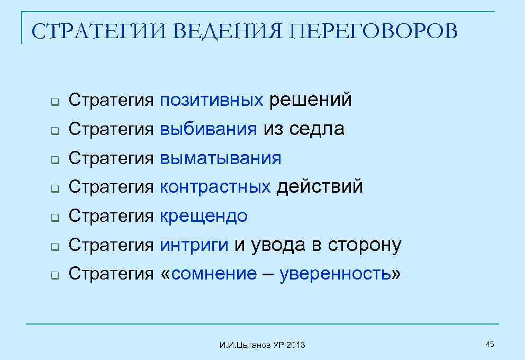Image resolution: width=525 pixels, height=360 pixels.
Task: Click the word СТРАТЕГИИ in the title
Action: pyautogui.click(x=98, y=32)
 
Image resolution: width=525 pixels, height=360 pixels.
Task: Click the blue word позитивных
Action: pyautogui.click(x=211, y=100)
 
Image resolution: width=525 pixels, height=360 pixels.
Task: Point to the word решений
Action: pyautogui.click(x=310, y=100)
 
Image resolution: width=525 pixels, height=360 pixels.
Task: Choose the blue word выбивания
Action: pyautogui.click(x=208, y=129)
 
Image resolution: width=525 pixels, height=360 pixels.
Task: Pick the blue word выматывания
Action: pyautogui.click(x=220, y=158)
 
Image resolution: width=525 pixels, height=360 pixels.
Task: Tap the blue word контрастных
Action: pyautogui.click(x=215, y=187)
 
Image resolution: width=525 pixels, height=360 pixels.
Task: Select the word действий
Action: pyautogui.click(x=320, y=187)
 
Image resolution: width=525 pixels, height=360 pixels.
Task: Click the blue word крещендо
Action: pyautogui.click(x=203, y=216)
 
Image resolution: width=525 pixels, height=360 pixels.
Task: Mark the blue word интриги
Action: pyautogui.click(x=194, y=245)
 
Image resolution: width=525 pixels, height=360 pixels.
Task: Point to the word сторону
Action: pyautogui.click(x=365, y=245)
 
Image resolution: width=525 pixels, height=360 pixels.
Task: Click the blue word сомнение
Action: pyautogui.click(x=214, y=274)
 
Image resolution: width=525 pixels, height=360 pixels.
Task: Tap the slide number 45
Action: pyautogui.click(x=490, y=345)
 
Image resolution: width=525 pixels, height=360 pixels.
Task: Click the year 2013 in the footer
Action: pyautogui.click(x=296, y=345)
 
